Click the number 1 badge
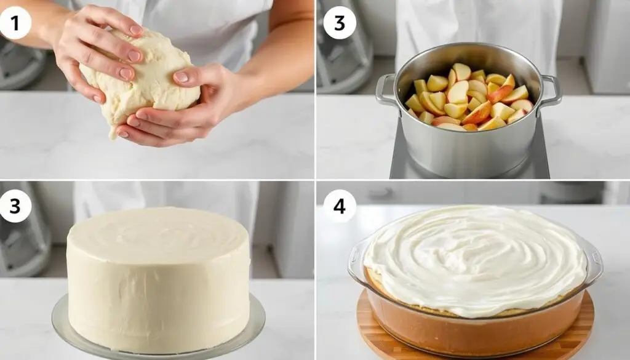15,23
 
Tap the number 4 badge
340,206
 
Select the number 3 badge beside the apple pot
340,23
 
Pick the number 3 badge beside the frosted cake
15,206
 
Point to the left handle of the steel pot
386,91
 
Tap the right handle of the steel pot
551,91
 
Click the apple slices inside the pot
469,98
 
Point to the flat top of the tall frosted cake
158,233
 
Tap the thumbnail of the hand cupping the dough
181,77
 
